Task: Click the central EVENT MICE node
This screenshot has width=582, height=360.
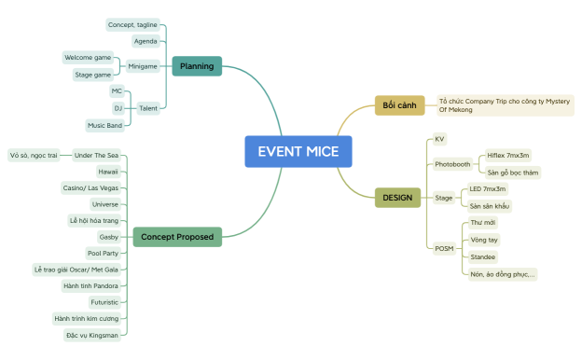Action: coord(298,152)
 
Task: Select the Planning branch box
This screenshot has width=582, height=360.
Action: coord(197,66)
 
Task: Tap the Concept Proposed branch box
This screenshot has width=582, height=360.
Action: coord(177,237)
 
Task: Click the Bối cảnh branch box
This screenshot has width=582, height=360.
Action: coord(399,105)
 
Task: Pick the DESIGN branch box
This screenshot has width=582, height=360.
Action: coord(398,198)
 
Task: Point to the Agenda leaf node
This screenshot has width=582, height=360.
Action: coord(145,41)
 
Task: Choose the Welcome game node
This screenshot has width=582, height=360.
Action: coord(89,58)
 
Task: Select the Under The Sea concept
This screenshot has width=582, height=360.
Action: coord(97,155)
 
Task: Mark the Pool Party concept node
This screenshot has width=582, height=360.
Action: coord(102,253)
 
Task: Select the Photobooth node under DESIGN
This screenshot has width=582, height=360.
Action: coord(453,164)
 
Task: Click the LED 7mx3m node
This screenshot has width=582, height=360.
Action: coord(488,189)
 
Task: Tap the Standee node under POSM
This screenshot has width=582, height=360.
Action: coord(483,256)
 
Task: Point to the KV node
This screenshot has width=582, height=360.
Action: coord(439,139)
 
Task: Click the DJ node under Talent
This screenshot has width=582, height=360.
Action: coord(118,107)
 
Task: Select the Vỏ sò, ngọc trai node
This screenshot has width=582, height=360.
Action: coord(34,155)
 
